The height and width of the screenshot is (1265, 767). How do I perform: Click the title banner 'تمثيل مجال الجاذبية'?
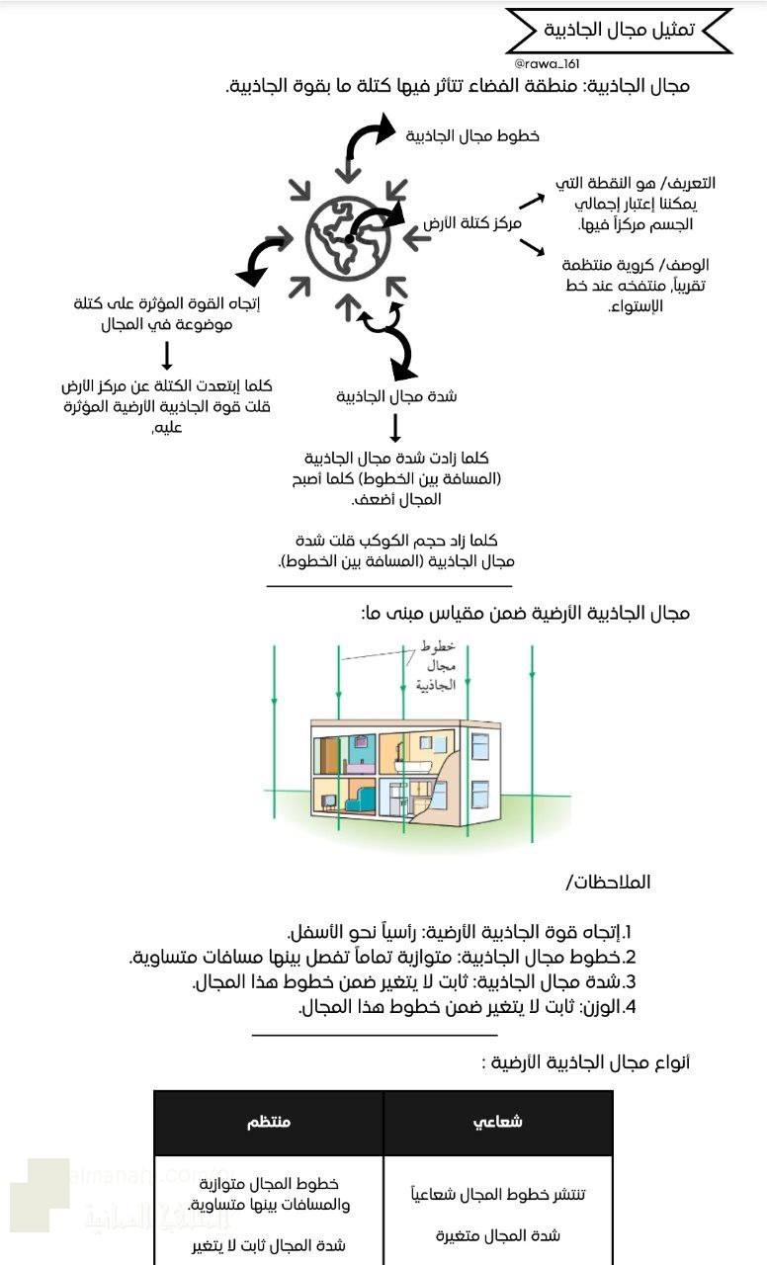pyautogui.click(x=619, y=30)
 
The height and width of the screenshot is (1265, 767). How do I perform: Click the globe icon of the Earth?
pyautogui.click(x=348, y=237)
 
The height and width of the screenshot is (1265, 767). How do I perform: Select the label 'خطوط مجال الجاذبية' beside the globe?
pyautogui.click(x=472, y=136)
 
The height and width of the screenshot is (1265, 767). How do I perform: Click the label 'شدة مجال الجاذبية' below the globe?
pyautogui.click(x=396, y=396)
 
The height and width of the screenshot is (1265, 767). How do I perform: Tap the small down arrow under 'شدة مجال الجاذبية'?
pyautogui.click(x=395, y=427)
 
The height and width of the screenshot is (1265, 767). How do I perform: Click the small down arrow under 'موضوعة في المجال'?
pyautogui.click(x=167, y=356)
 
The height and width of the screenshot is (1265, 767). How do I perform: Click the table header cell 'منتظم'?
pyautogui.click(x=269, y=1122)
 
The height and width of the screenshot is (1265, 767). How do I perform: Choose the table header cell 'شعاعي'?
pyautogui.click(x=498, y=1122)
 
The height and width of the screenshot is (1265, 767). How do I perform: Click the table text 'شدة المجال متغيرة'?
pyautogui.click(x=498, y=1235)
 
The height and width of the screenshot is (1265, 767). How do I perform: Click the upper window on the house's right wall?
pyautogui.click(x=479, y=745)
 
